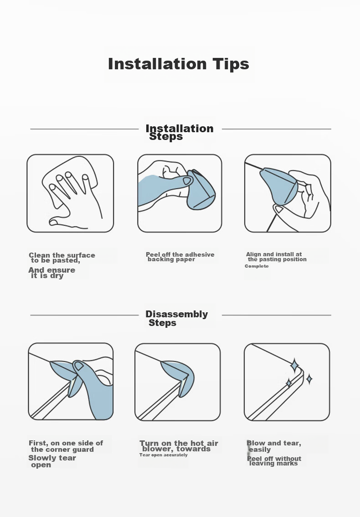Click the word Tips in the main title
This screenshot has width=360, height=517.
click(x=231, y=64)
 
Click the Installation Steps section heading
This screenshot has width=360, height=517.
click(x=180, y=132)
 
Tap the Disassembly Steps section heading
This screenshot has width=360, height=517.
click(x=177, y=318)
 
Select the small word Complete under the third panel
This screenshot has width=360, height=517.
click(x=257, y=266)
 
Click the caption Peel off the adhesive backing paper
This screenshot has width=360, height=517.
click(x=180, y=257)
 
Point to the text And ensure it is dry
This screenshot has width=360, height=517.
click(x=52, y=273)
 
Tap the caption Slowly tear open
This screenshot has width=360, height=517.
click(x=52, y=461)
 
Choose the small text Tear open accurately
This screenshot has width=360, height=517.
click(x=164, y=455)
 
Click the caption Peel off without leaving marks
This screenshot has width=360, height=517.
click(x=274, y=461)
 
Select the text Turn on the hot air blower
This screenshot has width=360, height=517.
click(x=179, y=446)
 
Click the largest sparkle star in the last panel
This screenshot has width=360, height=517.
click(x=294, y=366)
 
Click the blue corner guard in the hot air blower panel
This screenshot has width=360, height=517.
click(x=178, y=376)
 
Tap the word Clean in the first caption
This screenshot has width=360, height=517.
click(x=40, y=255)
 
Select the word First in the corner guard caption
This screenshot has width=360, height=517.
click(x=38, y=443)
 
